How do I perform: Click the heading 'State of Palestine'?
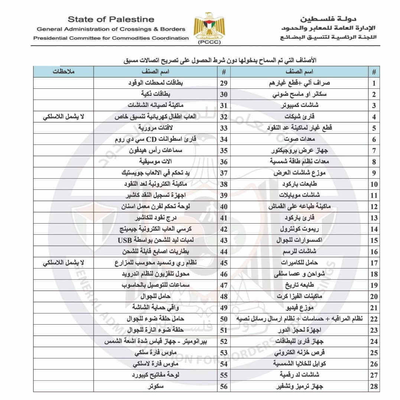coord(111,19)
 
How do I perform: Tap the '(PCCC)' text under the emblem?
coord(209,42)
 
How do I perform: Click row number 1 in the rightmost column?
coord(374,83)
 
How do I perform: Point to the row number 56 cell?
coord(224,387)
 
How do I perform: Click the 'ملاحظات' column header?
coord(63,71)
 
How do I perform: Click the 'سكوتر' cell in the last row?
coord(156,387)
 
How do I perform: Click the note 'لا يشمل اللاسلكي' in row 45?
coord(63,263)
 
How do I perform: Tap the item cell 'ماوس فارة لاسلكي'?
coord(156,364)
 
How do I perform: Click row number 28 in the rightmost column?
coord(374,387)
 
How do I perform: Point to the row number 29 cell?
coord(224,83)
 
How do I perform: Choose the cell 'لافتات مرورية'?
coord(156,128)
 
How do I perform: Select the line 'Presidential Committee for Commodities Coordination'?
coord(111,38)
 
